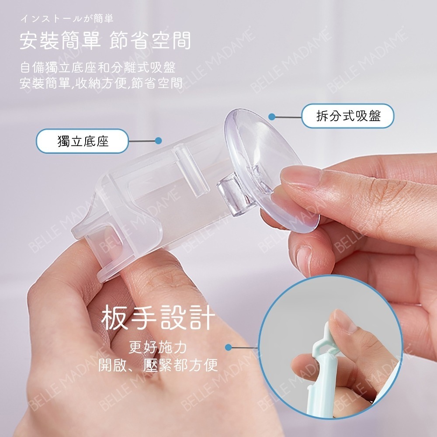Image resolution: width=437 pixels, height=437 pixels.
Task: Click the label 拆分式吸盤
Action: tap(348, 116)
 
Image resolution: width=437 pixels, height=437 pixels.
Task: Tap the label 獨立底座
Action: tap(83, 141)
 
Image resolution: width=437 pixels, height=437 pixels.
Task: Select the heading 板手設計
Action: tap(158, 318)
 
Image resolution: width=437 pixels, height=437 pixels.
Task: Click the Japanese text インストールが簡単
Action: tap(67, 19)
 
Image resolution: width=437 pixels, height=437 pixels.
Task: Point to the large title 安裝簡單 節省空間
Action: tap(105, 40)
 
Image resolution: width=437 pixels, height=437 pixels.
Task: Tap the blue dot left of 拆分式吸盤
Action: tap(272, 117)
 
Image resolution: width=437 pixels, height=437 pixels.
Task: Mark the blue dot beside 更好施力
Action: tap(229, 347)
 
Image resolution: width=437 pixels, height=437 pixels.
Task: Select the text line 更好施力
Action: tap(158, 347)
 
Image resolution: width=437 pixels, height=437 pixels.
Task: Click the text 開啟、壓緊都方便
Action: tap(158, 365)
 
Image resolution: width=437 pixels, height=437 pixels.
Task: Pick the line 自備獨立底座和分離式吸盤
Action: tap(98, 68)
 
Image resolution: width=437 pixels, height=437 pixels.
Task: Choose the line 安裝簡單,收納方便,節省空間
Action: tap(101, 83)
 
